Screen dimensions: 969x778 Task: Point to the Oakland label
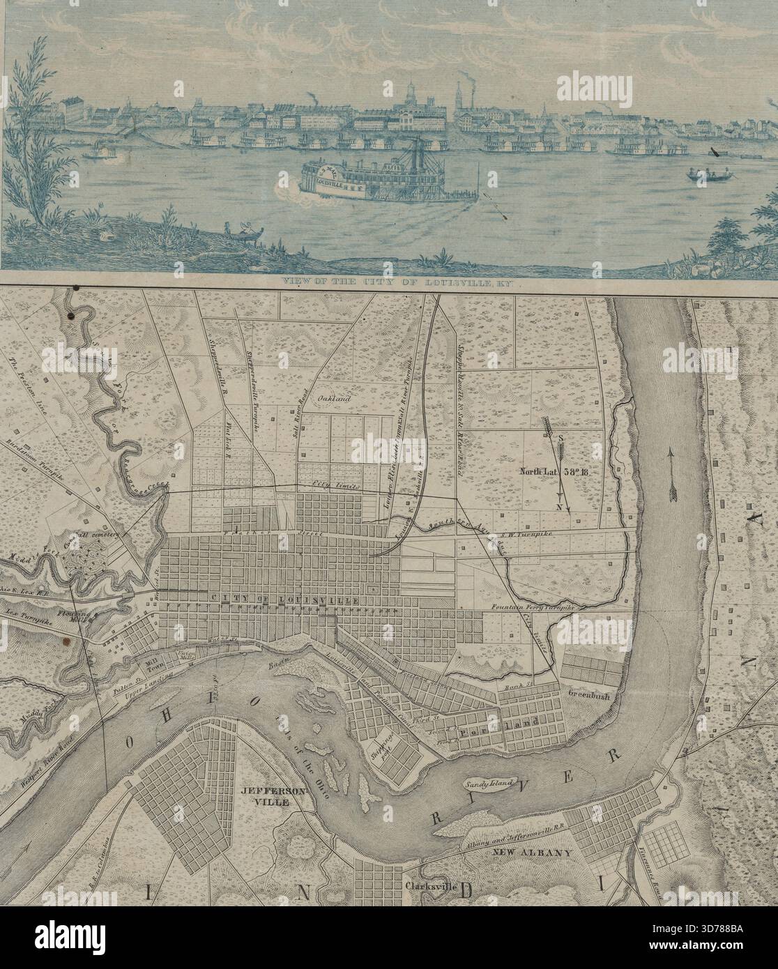[x=331, y=399]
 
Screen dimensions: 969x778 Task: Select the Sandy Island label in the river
[x=487, y=784]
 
